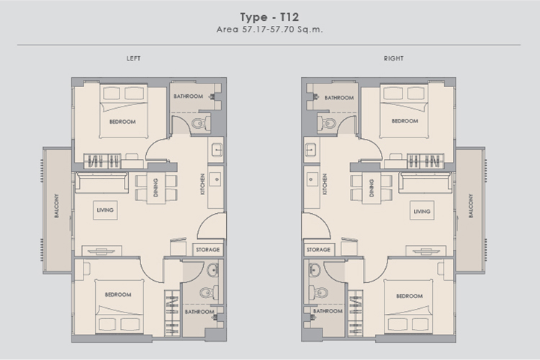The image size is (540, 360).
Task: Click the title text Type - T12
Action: [269, 17]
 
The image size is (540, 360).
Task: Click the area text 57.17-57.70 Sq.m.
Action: [282, 30]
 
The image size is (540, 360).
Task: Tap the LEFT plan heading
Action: [134, 58]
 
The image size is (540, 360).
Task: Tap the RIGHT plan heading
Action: [394, 58]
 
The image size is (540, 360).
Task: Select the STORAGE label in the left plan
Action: [207, 250]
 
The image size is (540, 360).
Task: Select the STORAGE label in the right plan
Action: [318, 250]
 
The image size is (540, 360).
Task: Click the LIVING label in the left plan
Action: [105, 210]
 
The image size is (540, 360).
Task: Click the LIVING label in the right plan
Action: [422, 212]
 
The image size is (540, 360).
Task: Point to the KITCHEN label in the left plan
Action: [202, 184]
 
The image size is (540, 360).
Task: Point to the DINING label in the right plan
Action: [372, 188]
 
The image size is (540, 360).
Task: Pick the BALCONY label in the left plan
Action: [56, 206]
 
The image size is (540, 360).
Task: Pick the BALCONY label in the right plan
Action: [470, 206]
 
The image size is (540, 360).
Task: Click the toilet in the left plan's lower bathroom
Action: [209, 293]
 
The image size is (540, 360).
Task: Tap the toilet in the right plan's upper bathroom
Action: [326, 122]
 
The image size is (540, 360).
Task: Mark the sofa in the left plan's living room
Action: [102, 182]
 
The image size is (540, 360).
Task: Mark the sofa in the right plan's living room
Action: [425, 182]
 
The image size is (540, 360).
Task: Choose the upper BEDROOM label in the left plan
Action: [122, 122]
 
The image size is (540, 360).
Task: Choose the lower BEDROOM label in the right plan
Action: [409, 296]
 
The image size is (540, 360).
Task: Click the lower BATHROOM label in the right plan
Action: [328, 311]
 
